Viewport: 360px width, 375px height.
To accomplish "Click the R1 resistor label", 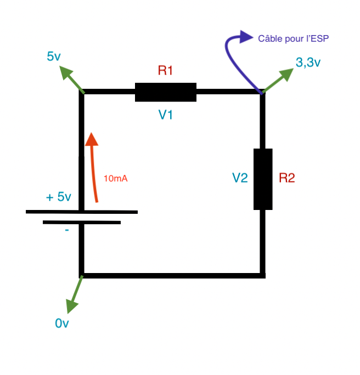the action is pos(165,70).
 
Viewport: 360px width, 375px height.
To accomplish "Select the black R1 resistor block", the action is pos(166,92).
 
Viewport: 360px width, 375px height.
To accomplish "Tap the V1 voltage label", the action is pos(166,115).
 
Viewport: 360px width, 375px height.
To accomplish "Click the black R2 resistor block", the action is pos(263,179).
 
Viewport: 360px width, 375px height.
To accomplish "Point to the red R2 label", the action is pos(287,178).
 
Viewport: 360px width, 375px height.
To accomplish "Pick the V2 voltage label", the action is pos(240,178).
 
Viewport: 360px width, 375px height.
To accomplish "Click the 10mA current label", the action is pos(116,178).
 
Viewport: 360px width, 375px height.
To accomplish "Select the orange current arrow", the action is pos(93,167).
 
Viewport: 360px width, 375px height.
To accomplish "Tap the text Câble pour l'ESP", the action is pos(293,38).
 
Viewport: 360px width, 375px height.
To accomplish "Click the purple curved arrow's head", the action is pos(246,37).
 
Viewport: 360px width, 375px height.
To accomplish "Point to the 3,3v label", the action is pos(308,63).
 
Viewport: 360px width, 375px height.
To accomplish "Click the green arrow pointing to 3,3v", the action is pos(278,81).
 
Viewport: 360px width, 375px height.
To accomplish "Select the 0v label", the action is pos(62,323).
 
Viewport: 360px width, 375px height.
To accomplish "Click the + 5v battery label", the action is pos(58,197).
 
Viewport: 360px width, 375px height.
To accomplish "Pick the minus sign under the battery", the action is pos(67,230).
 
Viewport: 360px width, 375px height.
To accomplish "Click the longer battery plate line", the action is pos(82,212).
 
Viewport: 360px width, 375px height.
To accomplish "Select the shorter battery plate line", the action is pos(82,223).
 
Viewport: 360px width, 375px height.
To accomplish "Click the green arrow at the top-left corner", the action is pos(72,79).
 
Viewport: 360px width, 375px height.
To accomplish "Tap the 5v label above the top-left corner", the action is pos(54,56).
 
